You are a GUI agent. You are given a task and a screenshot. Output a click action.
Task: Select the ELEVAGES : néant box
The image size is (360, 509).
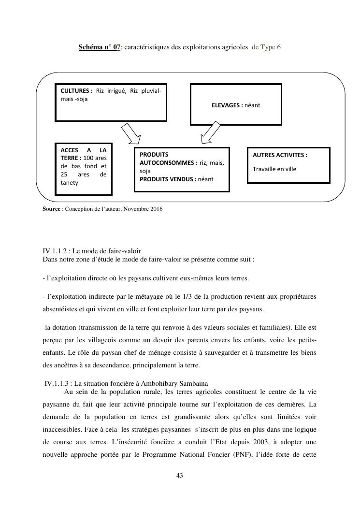236,104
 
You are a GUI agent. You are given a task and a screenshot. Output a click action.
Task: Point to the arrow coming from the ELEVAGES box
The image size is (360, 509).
211,133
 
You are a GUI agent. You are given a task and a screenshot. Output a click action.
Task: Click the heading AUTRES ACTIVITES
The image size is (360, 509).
280,155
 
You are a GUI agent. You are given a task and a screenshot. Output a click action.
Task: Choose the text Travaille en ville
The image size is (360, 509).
274,169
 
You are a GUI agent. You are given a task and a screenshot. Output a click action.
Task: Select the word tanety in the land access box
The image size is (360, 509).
70,183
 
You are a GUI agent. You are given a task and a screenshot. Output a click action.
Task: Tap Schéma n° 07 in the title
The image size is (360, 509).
100,47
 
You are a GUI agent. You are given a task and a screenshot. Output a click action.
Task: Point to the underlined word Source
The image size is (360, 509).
52,209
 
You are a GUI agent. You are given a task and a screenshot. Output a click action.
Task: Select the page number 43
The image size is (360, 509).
180,476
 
